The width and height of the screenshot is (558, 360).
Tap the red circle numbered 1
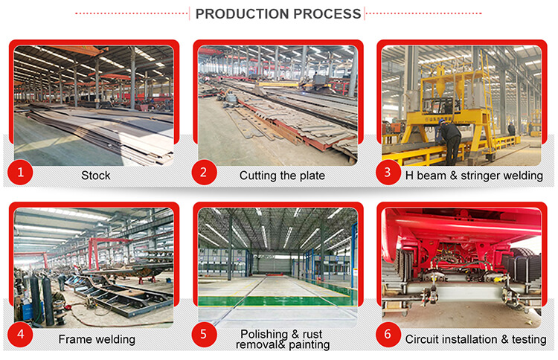[x=20, y=172]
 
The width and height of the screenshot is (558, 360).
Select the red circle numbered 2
[x=205, y=172]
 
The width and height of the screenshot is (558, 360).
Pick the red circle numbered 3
[x=388, y=172]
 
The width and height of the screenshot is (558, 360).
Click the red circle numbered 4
[x=20, y=335]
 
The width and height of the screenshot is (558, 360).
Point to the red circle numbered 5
[x=205, y=335]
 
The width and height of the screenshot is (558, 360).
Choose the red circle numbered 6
[x=388, y=335]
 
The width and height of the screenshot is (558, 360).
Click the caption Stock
[x=96, y=176]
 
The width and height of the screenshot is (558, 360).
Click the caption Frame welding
[x=97, y=339]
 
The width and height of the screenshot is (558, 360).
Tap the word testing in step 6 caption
[x=529, y=340]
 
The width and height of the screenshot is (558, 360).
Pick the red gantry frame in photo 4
[x=108, y=252]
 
